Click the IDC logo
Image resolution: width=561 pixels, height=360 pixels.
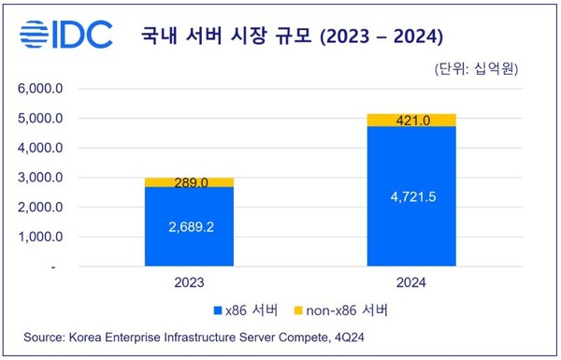65,35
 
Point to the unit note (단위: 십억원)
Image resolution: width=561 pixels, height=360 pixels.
477,69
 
